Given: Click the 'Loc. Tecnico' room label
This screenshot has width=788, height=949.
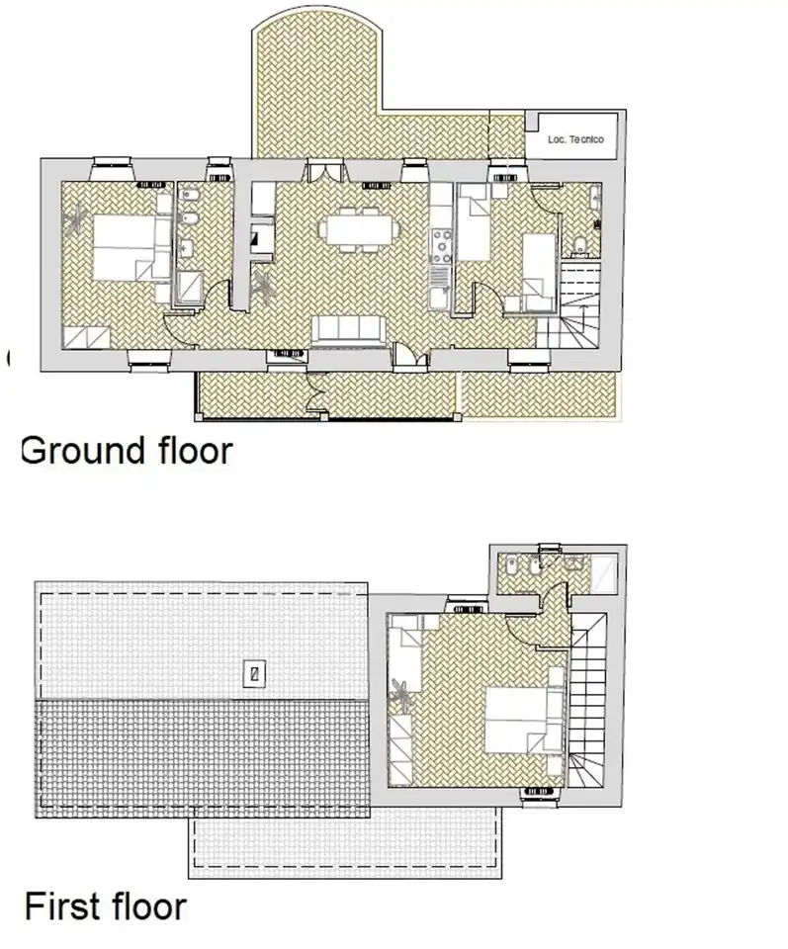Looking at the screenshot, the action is pos(575,139).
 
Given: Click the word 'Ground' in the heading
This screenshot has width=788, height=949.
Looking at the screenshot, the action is pos(82,452).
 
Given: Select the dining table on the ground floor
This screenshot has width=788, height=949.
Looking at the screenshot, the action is pos(359,229).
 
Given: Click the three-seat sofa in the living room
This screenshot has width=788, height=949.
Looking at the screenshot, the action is pos(348,330).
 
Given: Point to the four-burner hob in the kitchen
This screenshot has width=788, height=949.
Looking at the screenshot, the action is pos(441,247).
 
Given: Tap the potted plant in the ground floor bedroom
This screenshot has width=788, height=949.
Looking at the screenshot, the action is pos(77,219).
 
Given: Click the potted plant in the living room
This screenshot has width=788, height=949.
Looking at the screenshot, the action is pos(264,286).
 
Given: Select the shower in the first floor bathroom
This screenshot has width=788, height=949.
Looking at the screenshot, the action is pos(604,572).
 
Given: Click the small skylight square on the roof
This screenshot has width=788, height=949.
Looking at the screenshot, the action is pos(255,673).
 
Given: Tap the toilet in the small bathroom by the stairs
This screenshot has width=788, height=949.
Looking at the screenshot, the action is pos(579,244).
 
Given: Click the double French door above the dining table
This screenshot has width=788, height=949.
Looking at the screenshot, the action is pos(325,171).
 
